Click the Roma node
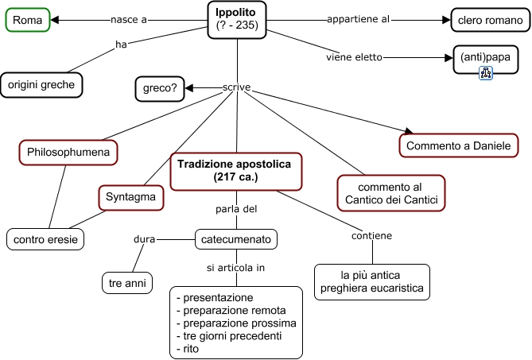coord(29,19)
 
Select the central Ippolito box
coord(237,19)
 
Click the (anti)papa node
coord(485,58)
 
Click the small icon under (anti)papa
coord(485,73)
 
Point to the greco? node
coord(159,87)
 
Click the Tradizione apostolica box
coord(235,171)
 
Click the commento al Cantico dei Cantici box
coord(390,192)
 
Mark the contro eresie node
coord(45,238)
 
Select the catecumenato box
coord(235,238)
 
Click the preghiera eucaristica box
coord(371,281)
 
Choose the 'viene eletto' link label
coord(354,57)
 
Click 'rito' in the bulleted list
coord(190,349)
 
